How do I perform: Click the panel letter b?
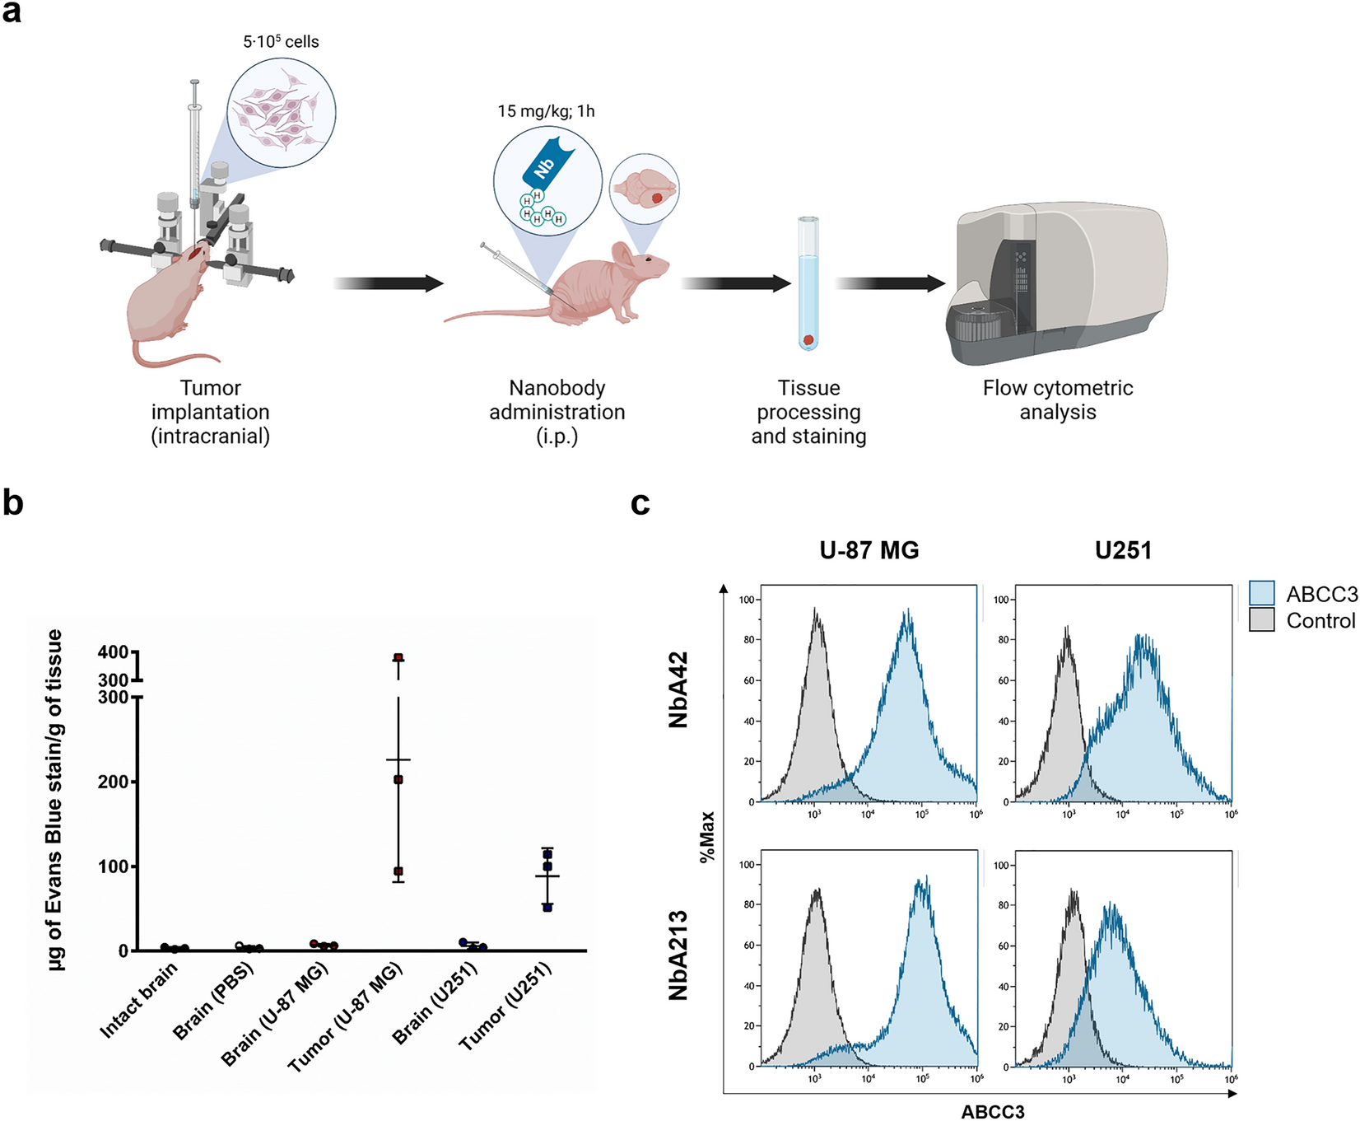pos(13,502)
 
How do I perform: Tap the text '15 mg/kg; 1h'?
pos(546,111)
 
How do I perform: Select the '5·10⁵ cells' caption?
pos(281,41)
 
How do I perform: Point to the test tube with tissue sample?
pos(808,284)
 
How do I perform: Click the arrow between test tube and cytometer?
pos(890,283)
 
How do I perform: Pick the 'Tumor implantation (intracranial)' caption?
pos(211,412)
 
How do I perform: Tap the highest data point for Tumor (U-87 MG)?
pos(398,657)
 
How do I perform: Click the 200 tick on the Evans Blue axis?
pos(114,782)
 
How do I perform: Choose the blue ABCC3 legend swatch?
pos(1261,593)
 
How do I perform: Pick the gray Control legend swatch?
pos(1261,619)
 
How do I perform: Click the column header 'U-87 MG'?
pos(869,550)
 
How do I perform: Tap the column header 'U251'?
pos(1123,550)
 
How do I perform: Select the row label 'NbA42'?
pos(678,690)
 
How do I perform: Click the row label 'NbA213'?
pos(678,955)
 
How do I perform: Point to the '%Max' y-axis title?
pos(707,837)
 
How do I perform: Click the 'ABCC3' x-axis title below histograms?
pos(993,1112)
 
